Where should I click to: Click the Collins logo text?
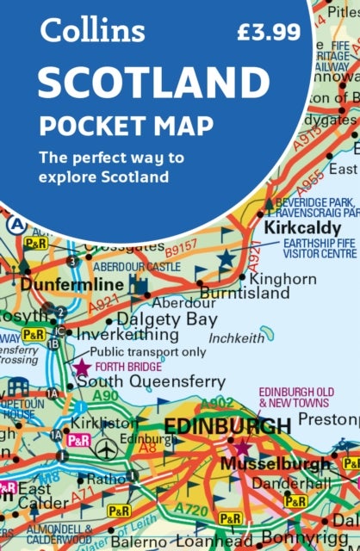pyautogui.click(x=92, y=32)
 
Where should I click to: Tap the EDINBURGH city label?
pyautogui.click(x=227, y=427)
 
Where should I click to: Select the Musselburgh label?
pyautogui.click(x=276, y=463)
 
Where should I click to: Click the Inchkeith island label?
pyautogui.click(x=237, y=338)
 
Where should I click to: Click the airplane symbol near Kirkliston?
pyautogui.click(x=107, y=450)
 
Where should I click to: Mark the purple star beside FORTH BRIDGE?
pyautogui.click(x=82, y=368)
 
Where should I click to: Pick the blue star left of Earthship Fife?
pyautogui.click(x=227, y=257)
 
